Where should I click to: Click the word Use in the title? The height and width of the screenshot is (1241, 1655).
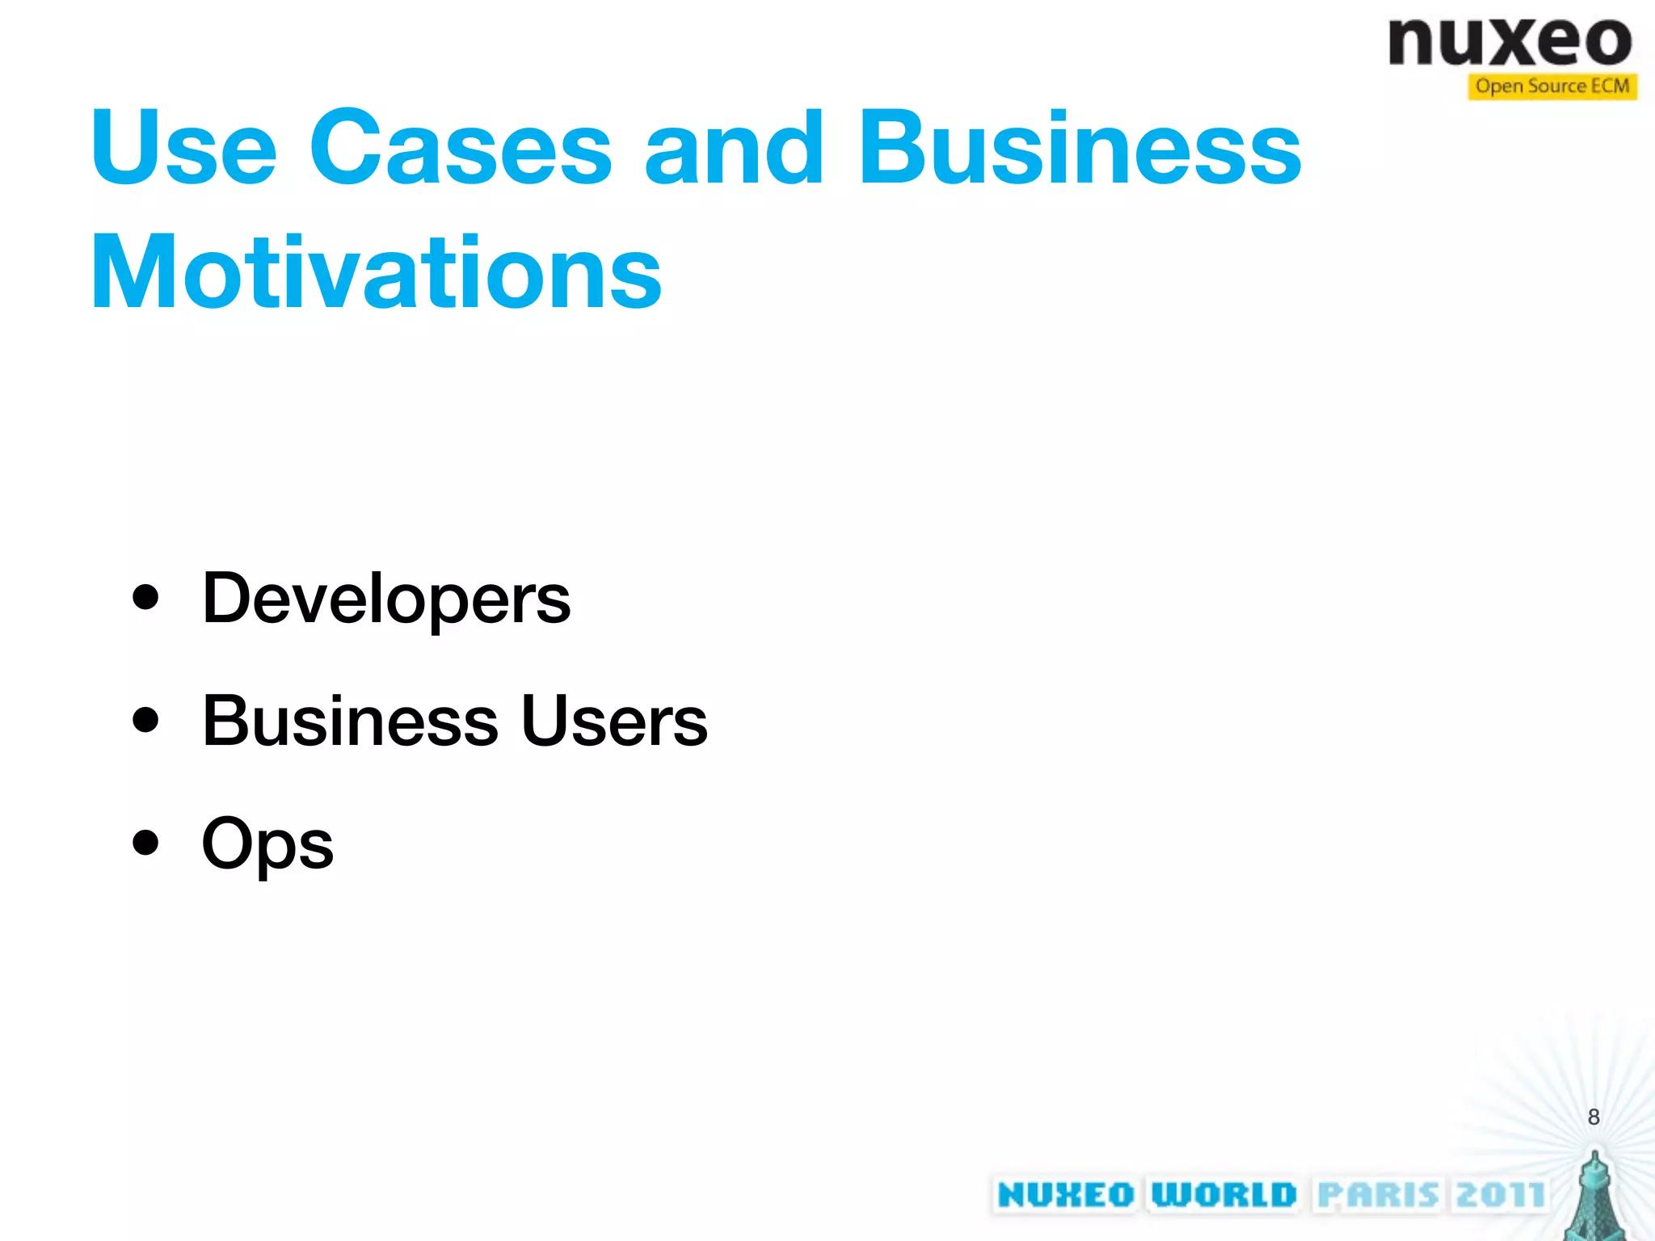coord(184,148)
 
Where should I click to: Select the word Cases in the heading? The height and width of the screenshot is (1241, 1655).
coord(461,148)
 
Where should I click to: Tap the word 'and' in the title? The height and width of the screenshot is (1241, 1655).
coord(733,148)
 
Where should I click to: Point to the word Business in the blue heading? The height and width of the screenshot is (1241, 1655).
coord(1079,148)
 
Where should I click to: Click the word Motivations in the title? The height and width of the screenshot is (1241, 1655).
coord(377,272)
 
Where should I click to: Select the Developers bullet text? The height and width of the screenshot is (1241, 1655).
coord(386,599)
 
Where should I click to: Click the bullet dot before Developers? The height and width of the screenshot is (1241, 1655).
coord(145,598)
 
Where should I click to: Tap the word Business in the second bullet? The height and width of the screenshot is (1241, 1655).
coord(350,721)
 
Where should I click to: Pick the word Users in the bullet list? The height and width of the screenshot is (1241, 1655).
coord(614,721)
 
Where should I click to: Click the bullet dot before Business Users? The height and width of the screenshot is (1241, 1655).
coord(145,720)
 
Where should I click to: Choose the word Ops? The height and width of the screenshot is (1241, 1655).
coord(267,844)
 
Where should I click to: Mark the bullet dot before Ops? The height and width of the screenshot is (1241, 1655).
coord(145,843)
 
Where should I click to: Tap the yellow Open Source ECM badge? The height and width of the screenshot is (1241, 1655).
coord(1552,86)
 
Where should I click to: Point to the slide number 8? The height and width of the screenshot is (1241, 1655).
coord(1593,1117)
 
